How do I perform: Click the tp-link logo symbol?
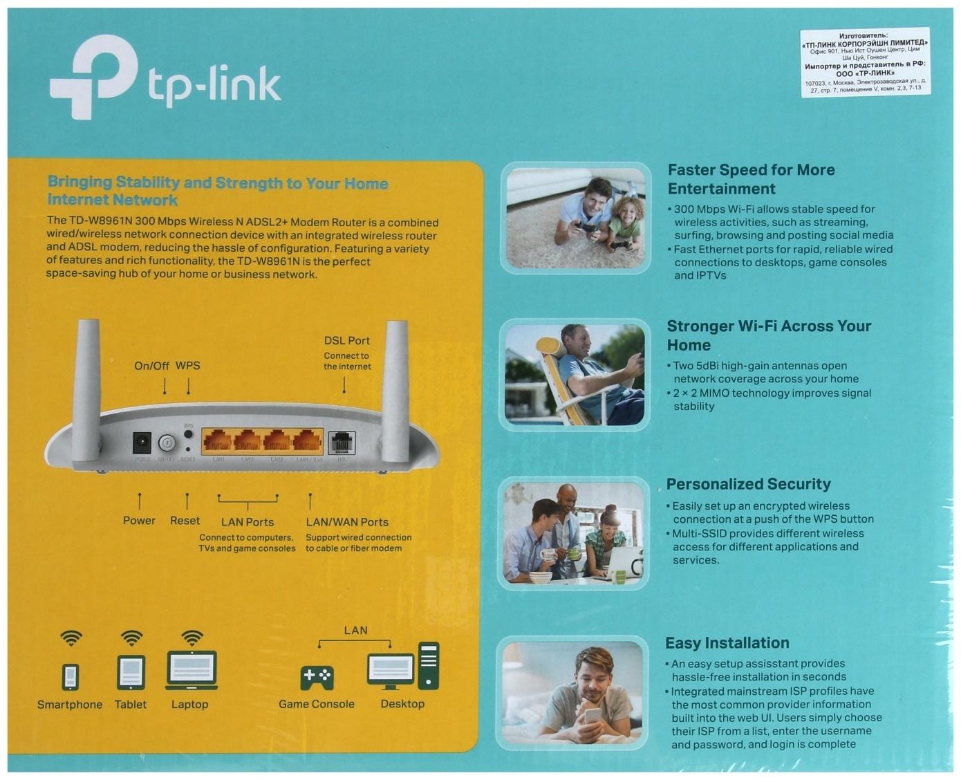coord(93,76)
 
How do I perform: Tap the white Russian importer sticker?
coord(864,62)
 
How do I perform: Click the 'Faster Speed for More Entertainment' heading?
coord(751,179)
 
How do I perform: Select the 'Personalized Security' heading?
coord(748,484)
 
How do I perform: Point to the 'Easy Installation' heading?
coord(727,643)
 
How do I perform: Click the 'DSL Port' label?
coord(346,341)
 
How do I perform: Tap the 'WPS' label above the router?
coord(187,366)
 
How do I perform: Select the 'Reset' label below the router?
coord(185,521)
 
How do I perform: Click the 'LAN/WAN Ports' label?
coord(347,522)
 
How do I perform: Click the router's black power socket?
coord(142,443)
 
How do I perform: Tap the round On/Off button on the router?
coord(167,443)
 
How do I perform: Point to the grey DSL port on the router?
coord(342,442)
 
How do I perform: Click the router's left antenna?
coord(87,387)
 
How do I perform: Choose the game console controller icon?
coord(317,677)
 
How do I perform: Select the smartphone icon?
coord(71,676)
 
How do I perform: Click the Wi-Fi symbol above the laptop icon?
coord(192,637)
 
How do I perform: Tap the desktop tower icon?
coord(429,665)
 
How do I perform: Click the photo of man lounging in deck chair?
coord(575,374)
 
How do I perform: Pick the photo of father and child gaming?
coord(575,217)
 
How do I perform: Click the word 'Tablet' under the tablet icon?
coord(130,705)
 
